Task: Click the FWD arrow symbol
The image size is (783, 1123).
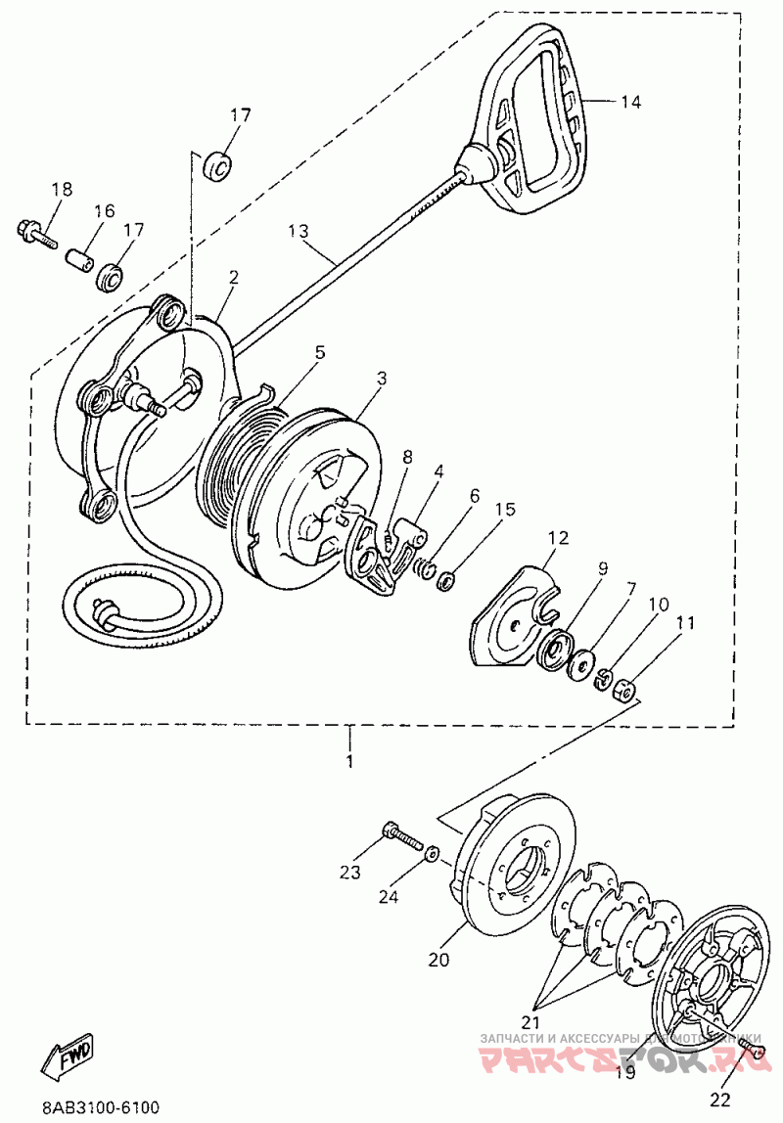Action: pos(69,1055)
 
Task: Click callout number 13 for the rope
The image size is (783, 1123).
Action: pos(298,232)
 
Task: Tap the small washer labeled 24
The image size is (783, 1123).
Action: pos(432,853)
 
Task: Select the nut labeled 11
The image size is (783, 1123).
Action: pos(622,692)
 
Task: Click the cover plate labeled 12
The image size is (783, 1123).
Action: pos(514,616)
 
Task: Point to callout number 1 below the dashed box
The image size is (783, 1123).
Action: pos(349,759)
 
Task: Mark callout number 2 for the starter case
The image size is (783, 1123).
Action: pos(233,278)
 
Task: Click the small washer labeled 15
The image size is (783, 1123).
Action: pos(447,583)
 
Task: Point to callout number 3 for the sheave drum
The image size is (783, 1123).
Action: pos(381,378)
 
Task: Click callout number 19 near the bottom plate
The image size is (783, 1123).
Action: pos(624,1072)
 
